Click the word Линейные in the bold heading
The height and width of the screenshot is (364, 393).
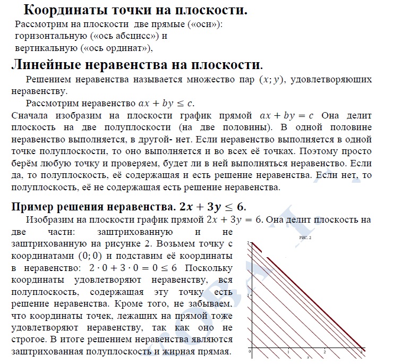tap(48, 65)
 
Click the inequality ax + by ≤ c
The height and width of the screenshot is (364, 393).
tap(165, 103)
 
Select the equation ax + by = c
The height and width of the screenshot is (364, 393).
tap(286, 115)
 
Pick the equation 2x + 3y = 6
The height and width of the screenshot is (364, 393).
tap(234, 219)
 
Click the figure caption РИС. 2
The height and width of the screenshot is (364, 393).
tap(305, 238)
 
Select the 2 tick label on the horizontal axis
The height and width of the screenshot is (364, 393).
tap(324, 352)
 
